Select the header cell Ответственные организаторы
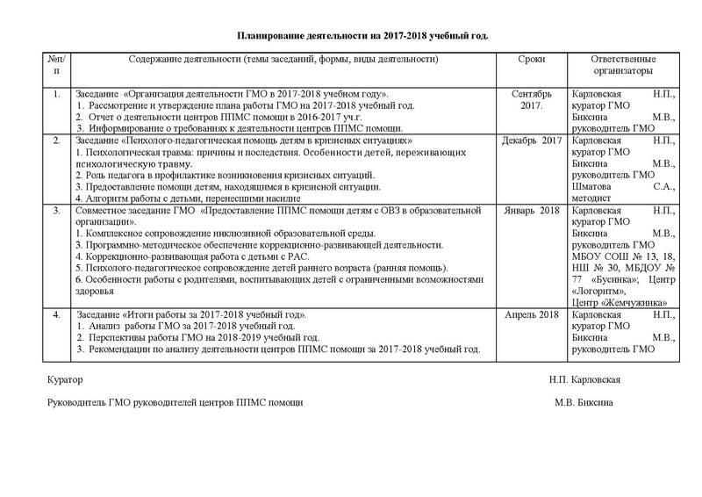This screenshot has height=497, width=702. pos(623,66)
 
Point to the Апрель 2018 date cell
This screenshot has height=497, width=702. pos(530,313)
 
